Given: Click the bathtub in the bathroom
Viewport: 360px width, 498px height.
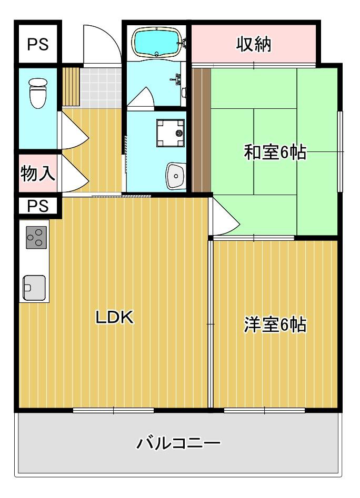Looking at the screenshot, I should pyautogui.click(x=156, y=42).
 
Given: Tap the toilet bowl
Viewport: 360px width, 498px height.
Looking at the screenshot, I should pyautogui.click(x=38, y=93).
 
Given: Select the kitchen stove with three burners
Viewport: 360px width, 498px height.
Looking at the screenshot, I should pyautogui.click(x=35, y=238).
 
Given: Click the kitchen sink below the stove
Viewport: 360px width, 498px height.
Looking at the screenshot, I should pyautogui.click(x=34, y=287).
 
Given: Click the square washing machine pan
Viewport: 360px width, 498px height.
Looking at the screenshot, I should pyautogui.click(x=171, y=132).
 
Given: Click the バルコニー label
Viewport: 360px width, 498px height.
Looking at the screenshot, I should pyautogui.click(x=178, y=443).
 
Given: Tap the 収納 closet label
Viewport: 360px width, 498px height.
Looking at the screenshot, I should pyautogui.click(x=254, y=45).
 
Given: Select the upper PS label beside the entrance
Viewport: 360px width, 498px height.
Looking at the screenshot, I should pyautogui.click(x=37, y=44).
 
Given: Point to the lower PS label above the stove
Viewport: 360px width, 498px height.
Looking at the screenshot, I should pyautogui.click(x=37, y=206).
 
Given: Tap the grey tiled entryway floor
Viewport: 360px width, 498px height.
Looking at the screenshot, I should pyautogui.click(x=101, y=86).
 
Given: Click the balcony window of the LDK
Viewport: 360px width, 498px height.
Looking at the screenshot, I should pyautogui.click(x=113, y=410).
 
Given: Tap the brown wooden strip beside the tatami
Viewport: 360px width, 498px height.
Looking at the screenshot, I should pyautogui.click(x=201, y=129).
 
